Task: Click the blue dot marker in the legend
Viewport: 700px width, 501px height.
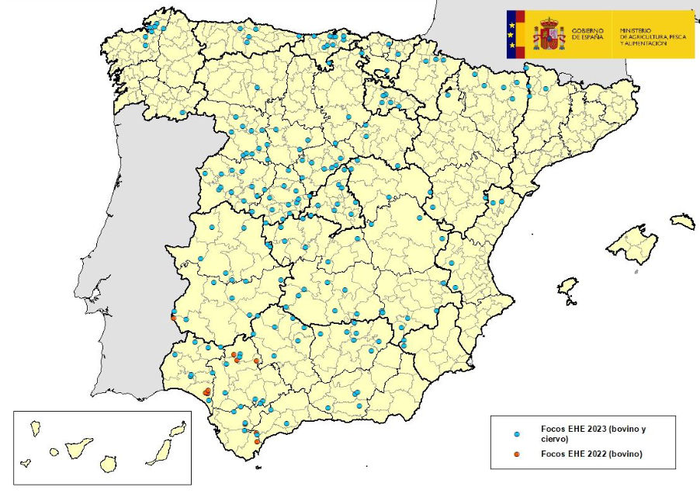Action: click(517, 433)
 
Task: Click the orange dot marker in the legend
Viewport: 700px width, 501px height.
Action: click(517, 454)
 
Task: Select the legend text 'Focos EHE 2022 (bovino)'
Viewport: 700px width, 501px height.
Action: click(591, 454)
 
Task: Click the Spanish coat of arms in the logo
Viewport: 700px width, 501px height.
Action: click(549, 35)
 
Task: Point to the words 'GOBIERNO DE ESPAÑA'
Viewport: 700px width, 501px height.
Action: click(587, 34)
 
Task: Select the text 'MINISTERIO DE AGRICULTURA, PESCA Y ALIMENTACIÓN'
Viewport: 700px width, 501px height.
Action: click(654, 34)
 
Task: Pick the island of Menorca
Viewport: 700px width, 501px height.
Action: click(682, 222)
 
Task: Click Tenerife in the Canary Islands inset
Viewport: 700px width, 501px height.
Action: click(79, 447)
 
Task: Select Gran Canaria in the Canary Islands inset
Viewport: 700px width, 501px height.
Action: click(109, 464)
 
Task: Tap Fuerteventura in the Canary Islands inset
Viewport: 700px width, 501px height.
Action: click(159, 451)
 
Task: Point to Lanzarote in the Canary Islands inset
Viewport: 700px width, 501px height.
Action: click(178, 429)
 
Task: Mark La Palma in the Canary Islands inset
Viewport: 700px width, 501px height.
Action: click(35, 427)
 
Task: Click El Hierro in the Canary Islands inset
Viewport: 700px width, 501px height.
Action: click(26, 463)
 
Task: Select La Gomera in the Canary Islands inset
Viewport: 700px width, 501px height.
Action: click(54, 451)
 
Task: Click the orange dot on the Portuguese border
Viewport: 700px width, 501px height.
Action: click(173, 318)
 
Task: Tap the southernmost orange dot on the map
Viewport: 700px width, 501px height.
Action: click(257, 441)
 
